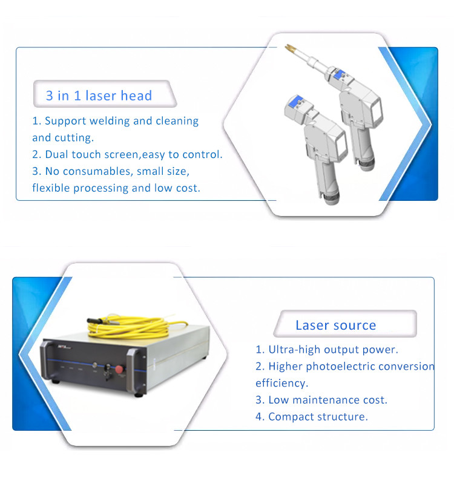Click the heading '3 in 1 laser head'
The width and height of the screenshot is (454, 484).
point(99,96)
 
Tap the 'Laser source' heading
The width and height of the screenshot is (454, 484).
point(336,325)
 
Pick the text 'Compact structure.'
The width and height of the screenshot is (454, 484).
point(318,417)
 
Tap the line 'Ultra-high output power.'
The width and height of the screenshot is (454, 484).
point(334,350)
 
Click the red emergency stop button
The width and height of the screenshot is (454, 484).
point(119,370)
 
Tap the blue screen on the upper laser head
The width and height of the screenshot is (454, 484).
point(340,74)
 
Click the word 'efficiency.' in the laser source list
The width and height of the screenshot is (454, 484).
point(281,383)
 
